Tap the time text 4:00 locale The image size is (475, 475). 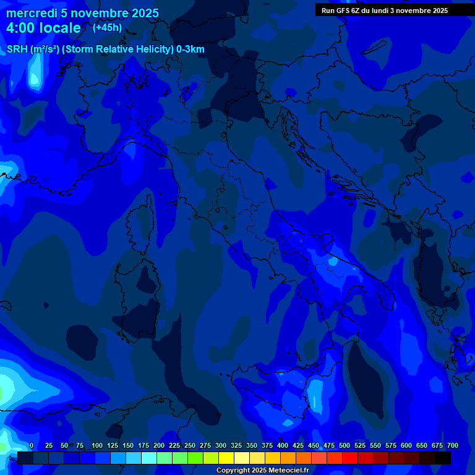coord(43,28)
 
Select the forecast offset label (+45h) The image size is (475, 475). coord(107,27)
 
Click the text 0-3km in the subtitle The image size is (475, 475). coord(190,49)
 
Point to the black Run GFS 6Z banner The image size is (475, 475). coord(385,10)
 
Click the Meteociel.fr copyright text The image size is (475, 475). coord(262,471)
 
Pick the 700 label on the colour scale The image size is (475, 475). coord(452,445)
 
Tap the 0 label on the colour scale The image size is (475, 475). coord(32,445)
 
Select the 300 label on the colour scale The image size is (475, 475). coord(221,445)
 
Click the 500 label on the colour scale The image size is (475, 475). coord(344,445)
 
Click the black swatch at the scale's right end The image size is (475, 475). coord(443,458)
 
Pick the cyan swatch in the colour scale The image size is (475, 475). coord(149,458)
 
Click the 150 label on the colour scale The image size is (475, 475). coord(128,445)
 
